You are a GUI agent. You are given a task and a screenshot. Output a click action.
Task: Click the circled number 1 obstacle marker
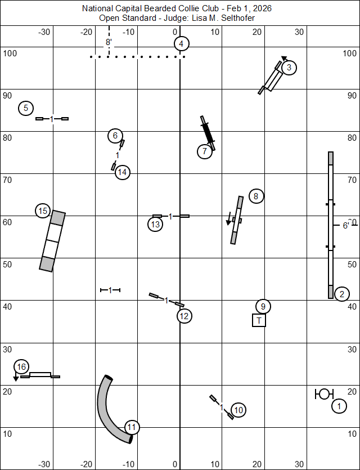pyautogui.click(x=339, y=406)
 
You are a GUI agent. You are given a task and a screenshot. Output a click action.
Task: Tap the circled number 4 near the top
pyautogui.click(x=181, y=44)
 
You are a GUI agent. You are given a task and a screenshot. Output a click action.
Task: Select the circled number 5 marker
pyautogui.click(x=26, y=108)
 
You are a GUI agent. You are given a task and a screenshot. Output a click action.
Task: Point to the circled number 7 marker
pyautogui.click(x=205, y=151)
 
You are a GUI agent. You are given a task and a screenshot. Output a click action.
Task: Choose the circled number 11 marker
pyautogui.click(x=132, y=427)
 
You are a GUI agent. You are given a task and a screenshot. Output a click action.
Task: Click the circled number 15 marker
pyautogui.click(x=43, y=211)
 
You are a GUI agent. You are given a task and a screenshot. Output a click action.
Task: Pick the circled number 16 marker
pyautogui.click(x=21, y=367)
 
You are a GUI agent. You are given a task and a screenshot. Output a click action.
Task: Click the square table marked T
pyautogui.click(x=259, y=320)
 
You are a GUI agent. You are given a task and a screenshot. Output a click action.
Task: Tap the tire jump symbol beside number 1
pyautogui.click(x=324, y=394)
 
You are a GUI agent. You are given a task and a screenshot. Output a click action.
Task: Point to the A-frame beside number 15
pyautogui.click(x=52, y=241)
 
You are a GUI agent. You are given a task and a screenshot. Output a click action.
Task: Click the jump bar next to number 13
pyautogui.click(x=171, y=216)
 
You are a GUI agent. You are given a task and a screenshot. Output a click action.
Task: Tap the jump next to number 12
pyautogui.click(x=166, y=300)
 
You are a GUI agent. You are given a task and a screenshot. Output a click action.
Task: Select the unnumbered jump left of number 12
pyautogui.click(x=110, y=290)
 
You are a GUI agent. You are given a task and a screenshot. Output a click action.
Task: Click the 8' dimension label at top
pyautogui.click(x=109, y=42)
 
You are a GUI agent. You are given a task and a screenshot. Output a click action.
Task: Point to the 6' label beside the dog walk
pyautogui.click(x=346, y=226)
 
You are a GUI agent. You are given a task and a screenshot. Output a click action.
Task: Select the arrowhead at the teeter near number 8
pyautogui.click(x=228, y=222)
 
